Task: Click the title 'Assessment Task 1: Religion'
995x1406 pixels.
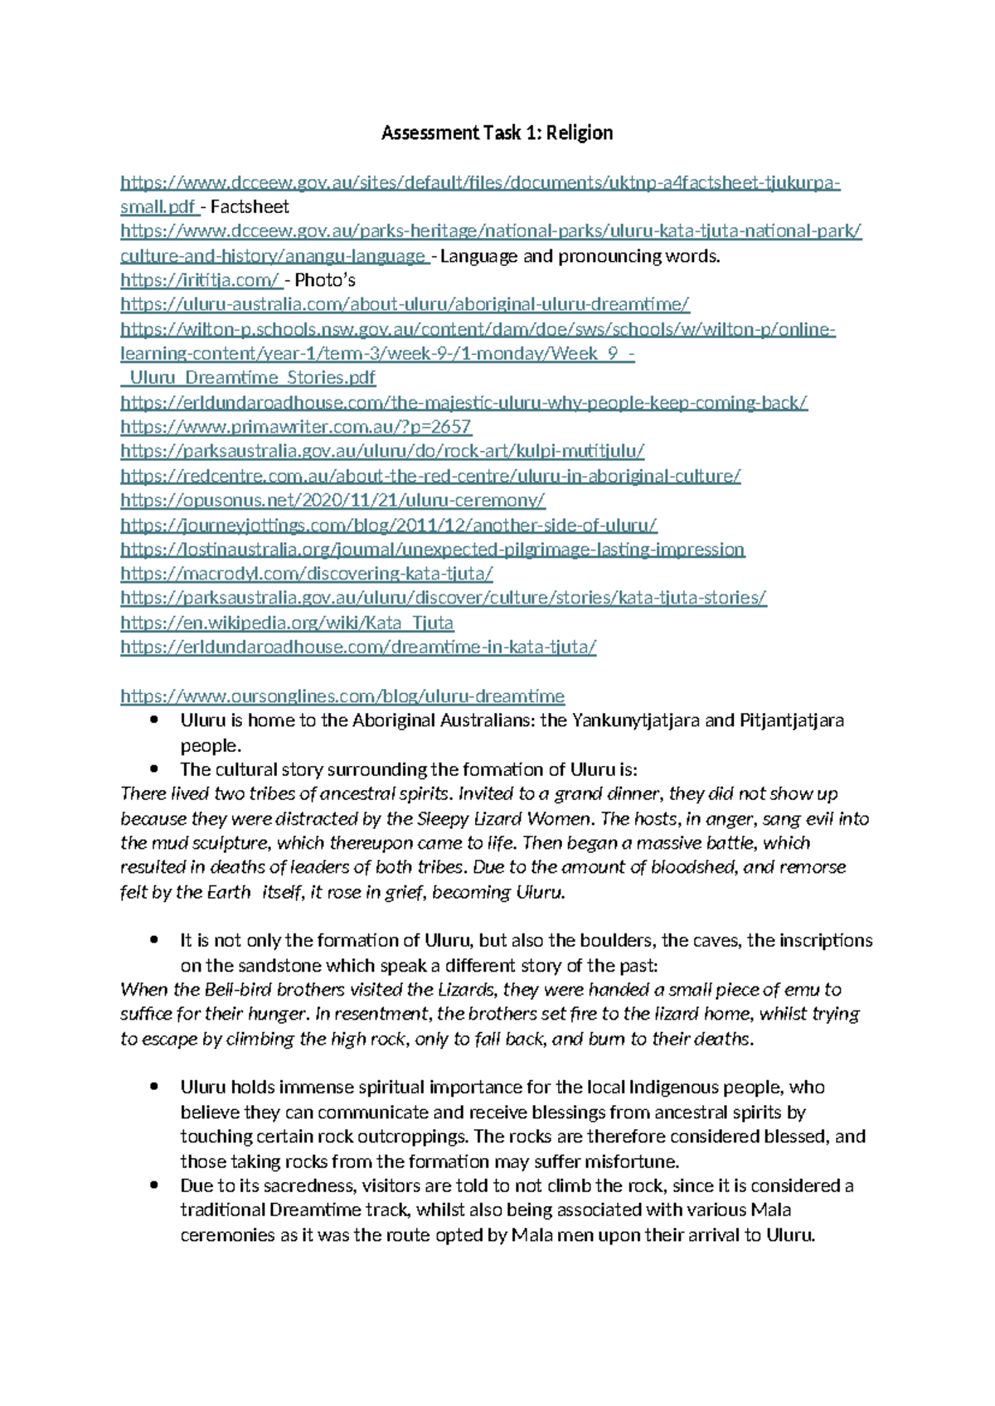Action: [497, 133]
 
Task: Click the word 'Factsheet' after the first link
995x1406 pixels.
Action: [250, 207]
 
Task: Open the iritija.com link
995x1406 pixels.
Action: [200, 280]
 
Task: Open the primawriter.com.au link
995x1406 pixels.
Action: [295, 427]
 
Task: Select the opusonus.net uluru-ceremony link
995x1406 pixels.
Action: [332, 500]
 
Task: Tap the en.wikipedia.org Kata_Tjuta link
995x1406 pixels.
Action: [287, 623]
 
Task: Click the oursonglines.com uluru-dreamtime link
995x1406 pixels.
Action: [342, 696]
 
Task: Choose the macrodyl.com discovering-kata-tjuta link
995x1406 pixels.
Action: [307, 574]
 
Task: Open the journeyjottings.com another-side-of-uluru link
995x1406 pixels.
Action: [389, 525]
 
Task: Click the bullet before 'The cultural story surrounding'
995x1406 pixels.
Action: [154, 769]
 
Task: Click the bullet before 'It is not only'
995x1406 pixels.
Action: [154, 940]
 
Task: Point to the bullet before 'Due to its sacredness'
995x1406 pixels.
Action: [154, 1185]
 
